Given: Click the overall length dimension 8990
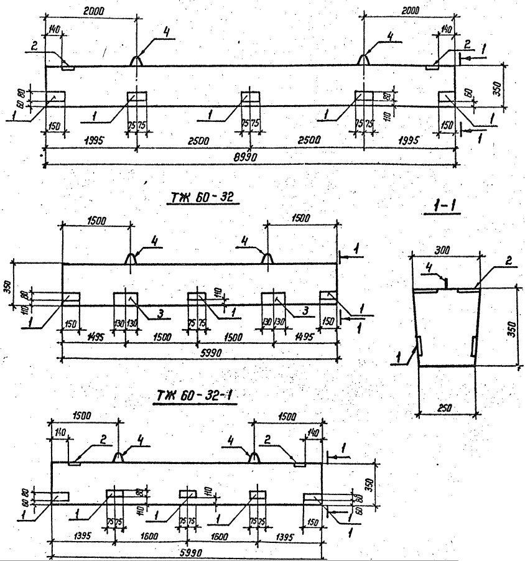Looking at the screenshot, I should pos(249,158).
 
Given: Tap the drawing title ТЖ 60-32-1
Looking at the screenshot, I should pos(198,395).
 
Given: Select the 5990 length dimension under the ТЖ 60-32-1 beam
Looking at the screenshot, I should pos(187,551).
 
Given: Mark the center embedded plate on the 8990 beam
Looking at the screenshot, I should pos(250,96).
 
